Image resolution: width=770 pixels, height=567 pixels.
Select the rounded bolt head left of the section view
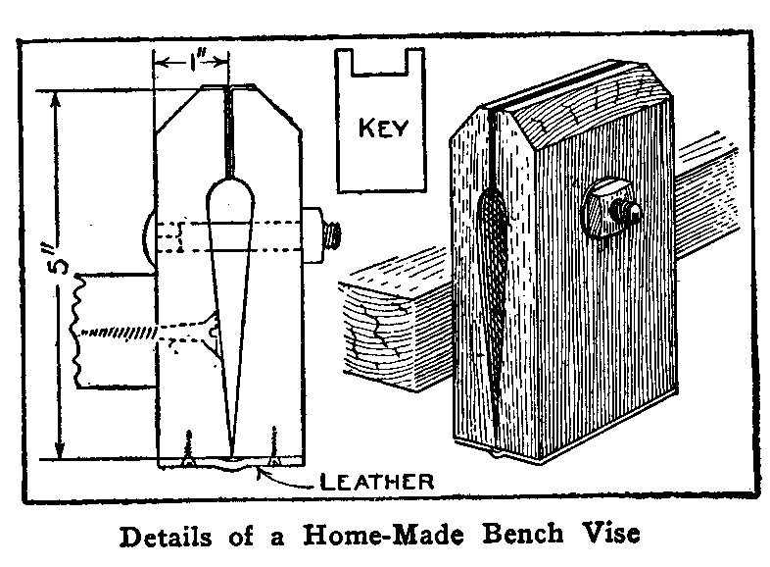pos(148,235)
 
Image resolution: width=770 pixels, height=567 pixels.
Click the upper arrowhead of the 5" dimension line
pos(61,98)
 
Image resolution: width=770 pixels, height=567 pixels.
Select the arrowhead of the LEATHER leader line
pos(258,470)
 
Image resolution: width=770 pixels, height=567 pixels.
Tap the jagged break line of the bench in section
pos(78,329)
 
